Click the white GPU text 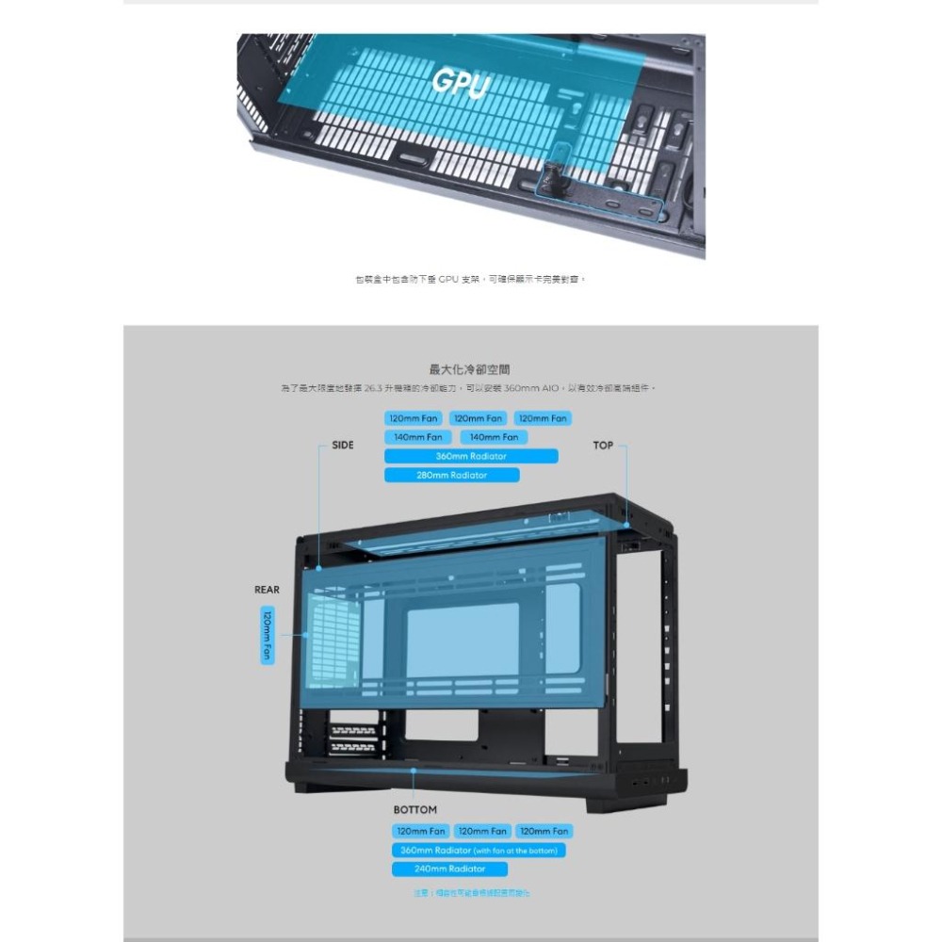(461, 83)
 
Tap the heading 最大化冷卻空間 (470, 369)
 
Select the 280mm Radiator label (452, 476)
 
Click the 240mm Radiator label (449, 869)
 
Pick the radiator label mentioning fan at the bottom (479, 851)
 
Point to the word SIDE (343, 445)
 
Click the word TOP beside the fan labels (603, 445)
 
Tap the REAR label (267, 590)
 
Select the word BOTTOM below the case (415, 810)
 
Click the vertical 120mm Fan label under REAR (268, 635)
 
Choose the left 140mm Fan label (418, 437)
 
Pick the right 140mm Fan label (494, 437)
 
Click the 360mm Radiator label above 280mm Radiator (471, 456)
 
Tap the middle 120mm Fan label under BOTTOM (482, 832)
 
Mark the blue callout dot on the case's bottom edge (414, 770)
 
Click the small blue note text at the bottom (471, 892)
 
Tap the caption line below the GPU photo (470, 279)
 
